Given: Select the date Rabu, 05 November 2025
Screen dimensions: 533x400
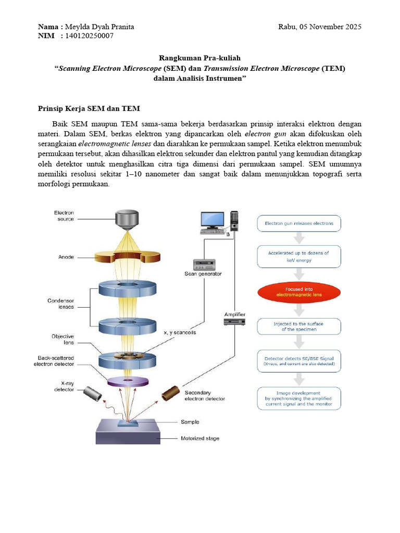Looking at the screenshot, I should pos(319,27).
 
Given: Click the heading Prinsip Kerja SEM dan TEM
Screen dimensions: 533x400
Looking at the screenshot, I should pos(89,109).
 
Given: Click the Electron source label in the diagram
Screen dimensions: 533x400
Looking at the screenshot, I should pos(64,215).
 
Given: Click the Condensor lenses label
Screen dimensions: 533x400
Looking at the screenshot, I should pos(61,303).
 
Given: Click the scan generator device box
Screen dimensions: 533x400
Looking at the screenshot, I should pos(203,264).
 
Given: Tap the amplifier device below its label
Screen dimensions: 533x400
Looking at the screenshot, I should pos(234,322).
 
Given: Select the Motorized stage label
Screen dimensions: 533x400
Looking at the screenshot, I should pos(199,438).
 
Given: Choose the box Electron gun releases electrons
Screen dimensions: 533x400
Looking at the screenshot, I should pos(299,224).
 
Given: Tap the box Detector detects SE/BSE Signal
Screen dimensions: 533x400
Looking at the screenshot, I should pos(299,361).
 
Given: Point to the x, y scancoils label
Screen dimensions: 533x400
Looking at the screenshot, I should pos(180,333).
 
